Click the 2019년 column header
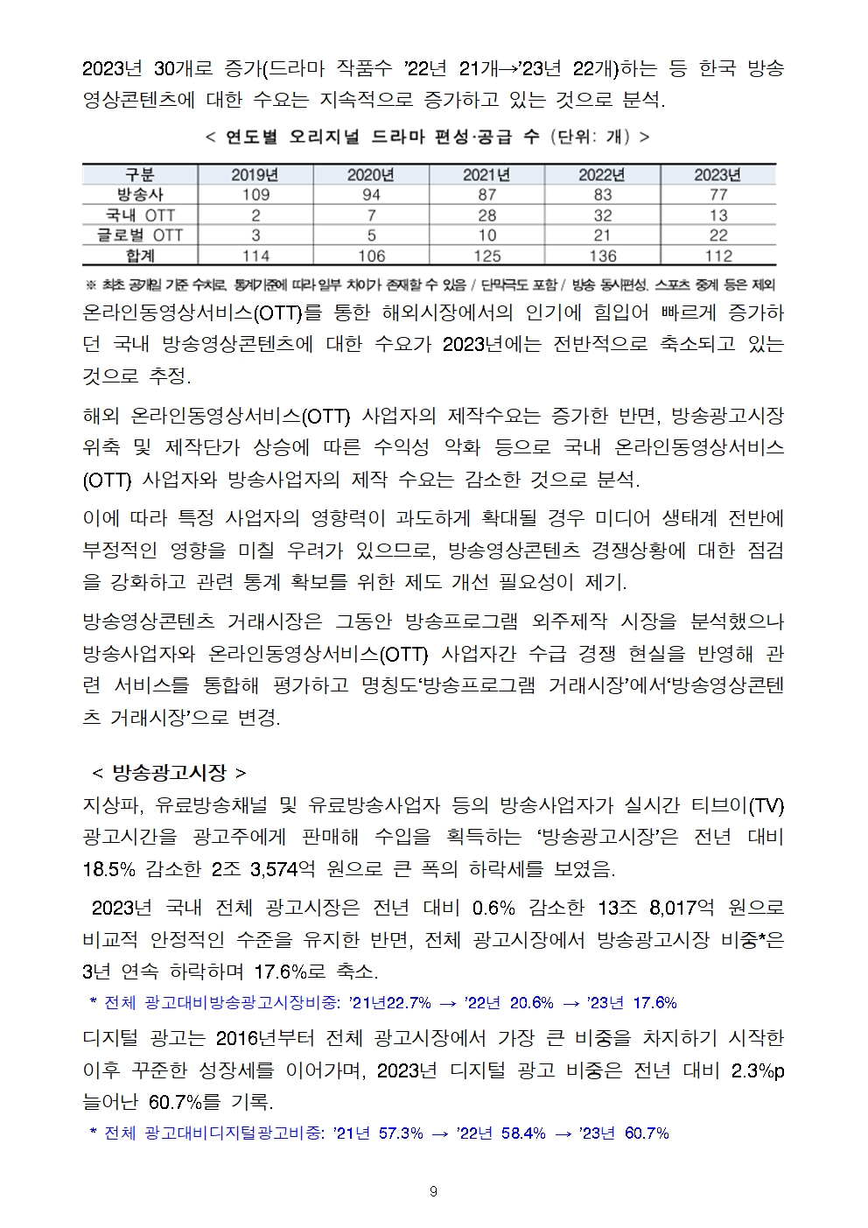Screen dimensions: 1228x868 [255, 174]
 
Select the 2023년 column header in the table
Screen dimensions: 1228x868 [717, 174]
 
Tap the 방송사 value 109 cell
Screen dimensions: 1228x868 [255, 194]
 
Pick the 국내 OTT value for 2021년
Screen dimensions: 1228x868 [486, 214]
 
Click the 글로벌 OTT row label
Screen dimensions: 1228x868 [140, 235]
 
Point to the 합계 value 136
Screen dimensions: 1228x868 [602, 256]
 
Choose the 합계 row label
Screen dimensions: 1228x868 [140, 256]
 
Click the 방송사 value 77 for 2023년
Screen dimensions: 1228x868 [717, 194]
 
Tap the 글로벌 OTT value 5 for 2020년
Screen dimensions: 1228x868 [371, 235]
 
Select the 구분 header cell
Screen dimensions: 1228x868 [140, 174]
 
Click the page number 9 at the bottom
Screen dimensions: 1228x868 [434, 1191]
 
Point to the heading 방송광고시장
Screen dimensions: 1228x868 [170, 772]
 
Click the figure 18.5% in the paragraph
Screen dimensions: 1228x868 [108, 869]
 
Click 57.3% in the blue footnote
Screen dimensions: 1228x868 [401, 1133]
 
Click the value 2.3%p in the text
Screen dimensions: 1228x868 [757, 1070]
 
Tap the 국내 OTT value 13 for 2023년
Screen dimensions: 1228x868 [717, 214]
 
